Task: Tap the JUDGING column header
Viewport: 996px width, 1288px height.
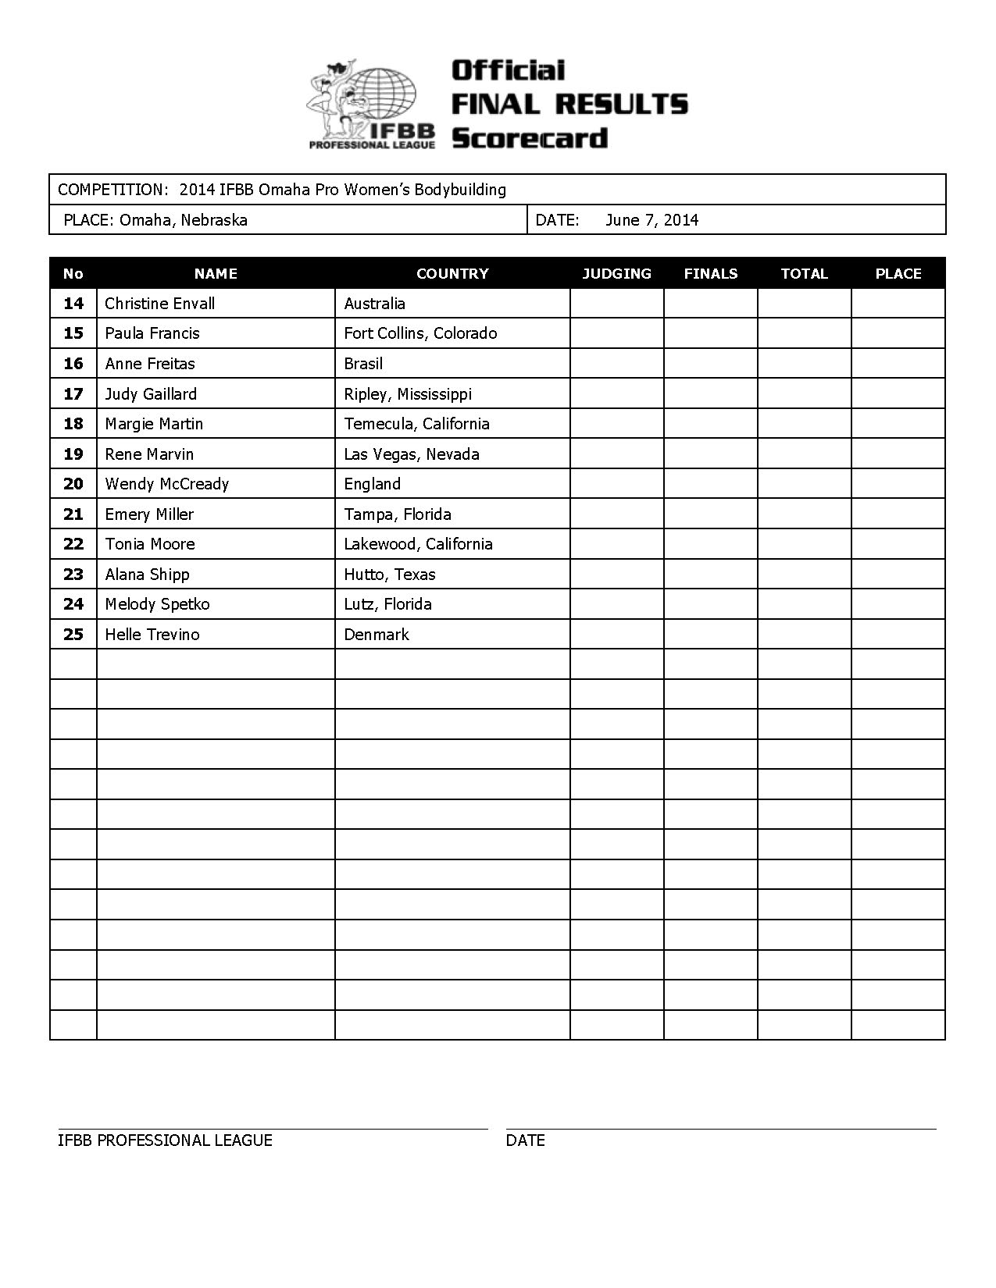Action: click(616, 274)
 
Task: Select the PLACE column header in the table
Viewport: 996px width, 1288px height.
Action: click(898, 274)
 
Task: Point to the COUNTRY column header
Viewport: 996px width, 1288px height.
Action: click(452, 274)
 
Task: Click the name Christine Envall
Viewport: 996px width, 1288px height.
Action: click(159, 304)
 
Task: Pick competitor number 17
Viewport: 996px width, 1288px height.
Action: click(73, 394)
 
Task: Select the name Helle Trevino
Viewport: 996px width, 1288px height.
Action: click(152, 635)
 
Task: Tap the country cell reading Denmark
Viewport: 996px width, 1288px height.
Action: click(377, 635)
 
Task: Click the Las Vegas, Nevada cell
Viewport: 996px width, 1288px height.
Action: click(412, 454)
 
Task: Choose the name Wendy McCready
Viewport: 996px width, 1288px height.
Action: click(166, 484)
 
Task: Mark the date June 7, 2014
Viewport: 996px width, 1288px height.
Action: click(652, 220)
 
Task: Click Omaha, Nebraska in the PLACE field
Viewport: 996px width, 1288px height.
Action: click(184, 220)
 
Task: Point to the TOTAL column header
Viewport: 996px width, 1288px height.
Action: click(804, 274)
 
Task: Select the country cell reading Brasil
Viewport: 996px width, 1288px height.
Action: click(363, 364)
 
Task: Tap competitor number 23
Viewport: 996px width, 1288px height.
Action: click(73, 575)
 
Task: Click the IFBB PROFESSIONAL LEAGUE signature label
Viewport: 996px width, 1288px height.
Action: click(165, 1140)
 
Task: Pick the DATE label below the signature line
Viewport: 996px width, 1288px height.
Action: click(525, 1140)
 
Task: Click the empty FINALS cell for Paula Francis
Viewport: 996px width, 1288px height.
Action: click(710, 333)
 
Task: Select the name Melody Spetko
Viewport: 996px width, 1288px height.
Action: click(157, 604)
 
